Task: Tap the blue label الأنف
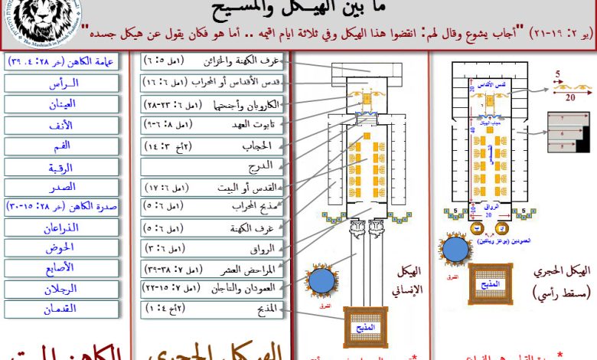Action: coord(61,124)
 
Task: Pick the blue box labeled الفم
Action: coord(61,145)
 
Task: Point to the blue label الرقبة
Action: coord(61,165)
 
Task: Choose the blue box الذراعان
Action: coord(61,227)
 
